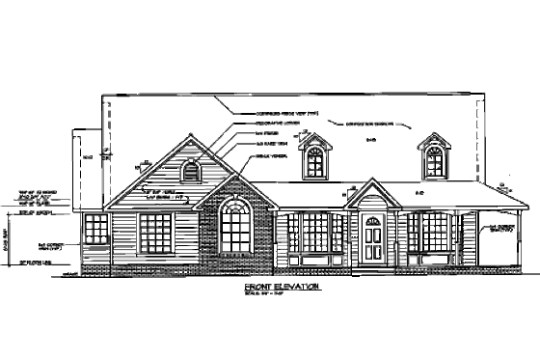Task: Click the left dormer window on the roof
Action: point(315,162)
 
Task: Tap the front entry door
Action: point(372,240)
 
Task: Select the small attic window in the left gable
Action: point(190,173)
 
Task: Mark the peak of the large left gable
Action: point(189,137)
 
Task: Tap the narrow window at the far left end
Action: point(94,230)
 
